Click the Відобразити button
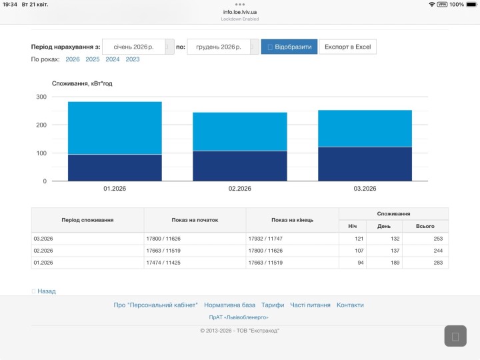[289, 47]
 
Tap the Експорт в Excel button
[348, 47]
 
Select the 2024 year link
[113, 59]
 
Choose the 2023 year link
[133, 59]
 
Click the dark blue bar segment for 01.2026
[115, 168]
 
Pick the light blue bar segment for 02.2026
[240, 131]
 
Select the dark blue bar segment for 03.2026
[365, 164]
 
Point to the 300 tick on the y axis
[41, 97]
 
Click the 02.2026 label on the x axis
[240, 189]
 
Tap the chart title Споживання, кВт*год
[82, 83]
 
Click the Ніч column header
[353, 226]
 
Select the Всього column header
[425, 226]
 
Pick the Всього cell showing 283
[438, 263]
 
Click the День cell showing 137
[395, 251]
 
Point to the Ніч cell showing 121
[359, 239]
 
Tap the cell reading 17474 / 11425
[163, 263]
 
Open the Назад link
[47, 291]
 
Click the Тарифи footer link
[273, 305]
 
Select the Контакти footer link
[350, 305]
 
